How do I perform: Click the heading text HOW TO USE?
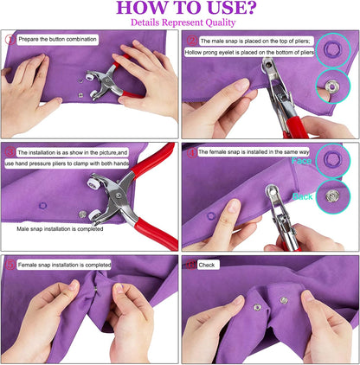coord(179,10)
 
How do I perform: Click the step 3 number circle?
coord(10,151)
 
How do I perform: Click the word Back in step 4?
coord(302,197)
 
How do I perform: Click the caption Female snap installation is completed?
coord(63,265)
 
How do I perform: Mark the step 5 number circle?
coord(10,265)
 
